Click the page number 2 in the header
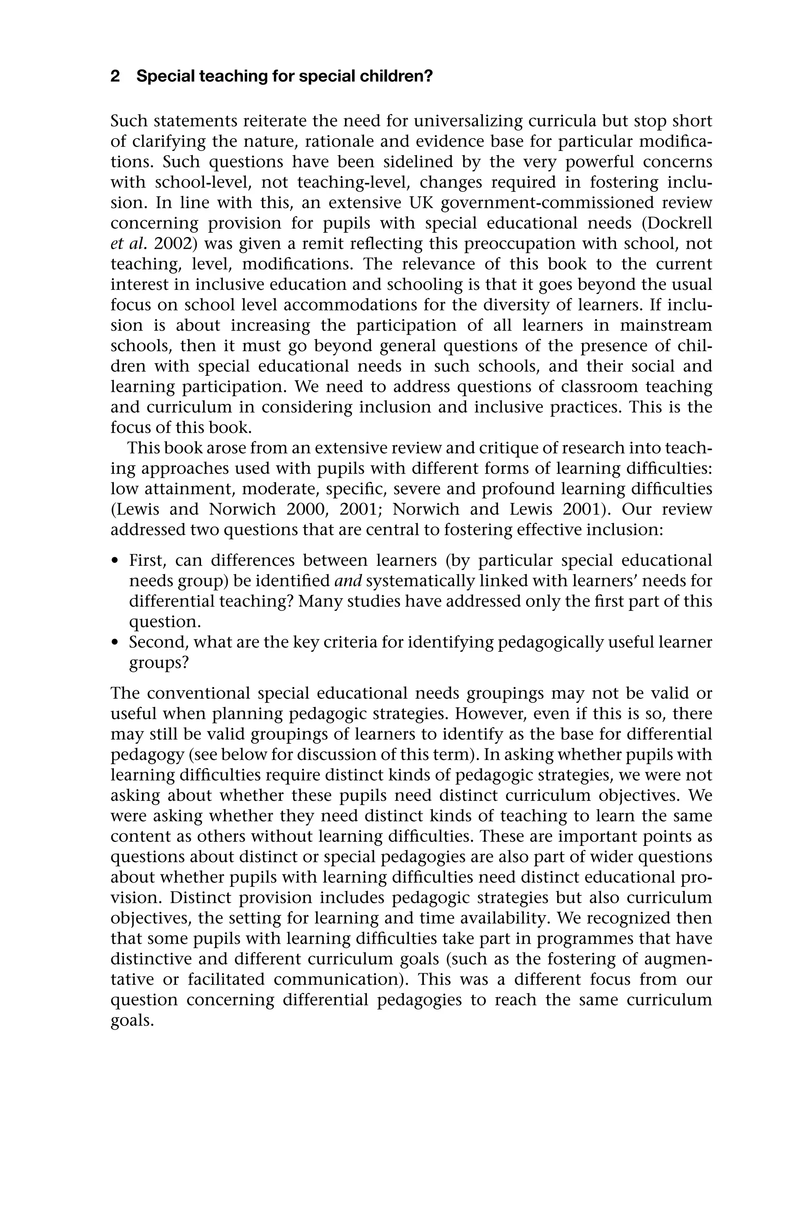[x=115, y=77]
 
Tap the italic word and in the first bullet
[x=348, y=581]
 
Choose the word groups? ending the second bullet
[x=159, y=663]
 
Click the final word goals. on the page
[x=132, y=1020]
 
